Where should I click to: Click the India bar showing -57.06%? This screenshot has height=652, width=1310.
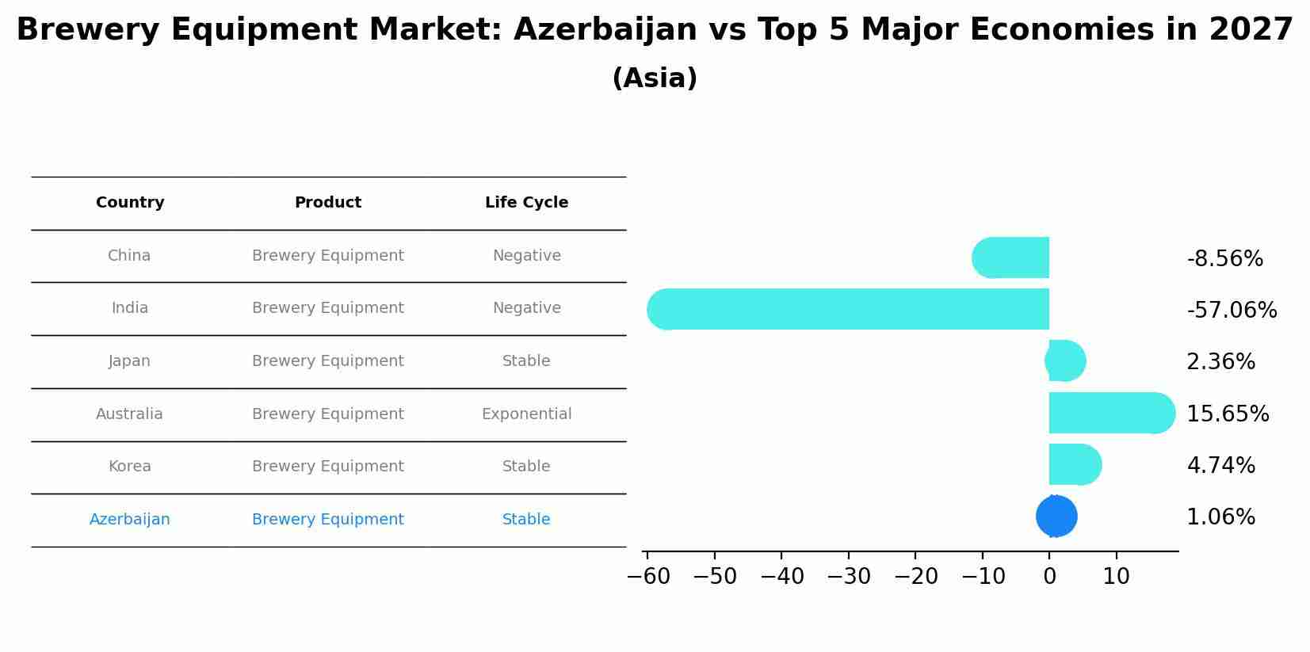click(x=848, y=309)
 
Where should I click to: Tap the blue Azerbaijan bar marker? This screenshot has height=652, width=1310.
click(x=1056, y=517)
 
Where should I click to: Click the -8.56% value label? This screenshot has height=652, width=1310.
click(x=1224, y=259)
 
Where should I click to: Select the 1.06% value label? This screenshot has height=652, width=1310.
click(x=1220, y=517)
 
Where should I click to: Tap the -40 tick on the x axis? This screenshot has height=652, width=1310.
click(x=781, y=577)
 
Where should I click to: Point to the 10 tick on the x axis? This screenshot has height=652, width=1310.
click(x=1116, y=577)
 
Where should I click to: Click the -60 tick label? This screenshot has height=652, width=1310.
click(x=647, y=577)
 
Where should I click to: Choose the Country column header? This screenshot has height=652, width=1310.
click(x=130, y=203)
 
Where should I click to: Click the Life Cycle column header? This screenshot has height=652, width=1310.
click(x=526, y=203)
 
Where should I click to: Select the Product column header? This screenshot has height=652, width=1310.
click(x=328, y=203)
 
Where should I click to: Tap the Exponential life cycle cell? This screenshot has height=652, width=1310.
click(x=526, y=414)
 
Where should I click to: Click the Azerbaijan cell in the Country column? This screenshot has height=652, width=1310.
click(x=130, y=520)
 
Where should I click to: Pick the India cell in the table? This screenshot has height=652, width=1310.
click(x=130, y=308)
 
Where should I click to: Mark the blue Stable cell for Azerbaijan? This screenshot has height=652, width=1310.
click(x=526, y=520)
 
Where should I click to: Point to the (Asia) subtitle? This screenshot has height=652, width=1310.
click(x=655, y=78)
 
